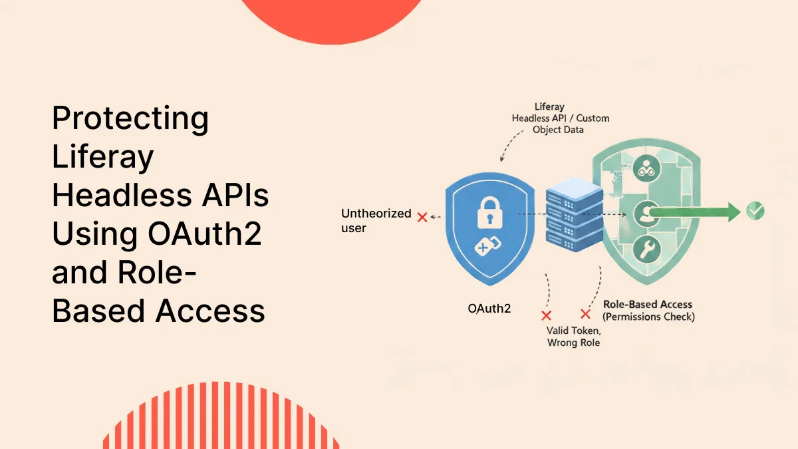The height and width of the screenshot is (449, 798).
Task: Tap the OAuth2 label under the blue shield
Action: (489, 309)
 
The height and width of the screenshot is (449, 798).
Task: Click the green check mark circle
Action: (755, 211)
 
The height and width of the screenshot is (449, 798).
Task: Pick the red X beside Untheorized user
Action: (422, 217)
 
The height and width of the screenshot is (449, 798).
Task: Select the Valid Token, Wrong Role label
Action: (573, 337)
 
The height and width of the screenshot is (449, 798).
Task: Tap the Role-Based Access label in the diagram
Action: (647, 305)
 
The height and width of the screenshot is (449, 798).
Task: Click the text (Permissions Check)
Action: (648, 317)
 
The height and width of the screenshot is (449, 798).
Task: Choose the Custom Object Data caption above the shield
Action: (558, 124)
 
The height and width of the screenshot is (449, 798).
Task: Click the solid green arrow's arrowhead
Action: (731, 212)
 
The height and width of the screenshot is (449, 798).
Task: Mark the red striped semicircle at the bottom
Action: (221, 419)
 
